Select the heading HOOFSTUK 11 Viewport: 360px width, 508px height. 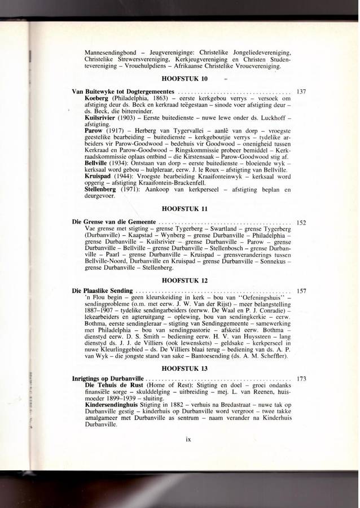pyautogui.click(x=185, y=209)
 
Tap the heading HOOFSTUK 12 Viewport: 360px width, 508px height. pyautogui.click(x=185, y=278)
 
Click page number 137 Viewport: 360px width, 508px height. pyautogui.click(x=300, y=91)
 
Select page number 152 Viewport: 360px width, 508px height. pyautogui.click(x=300, y=222)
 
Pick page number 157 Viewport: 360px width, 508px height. pyautogui.click(x=300, y=291)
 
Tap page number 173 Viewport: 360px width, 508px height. pyautogui.click(x=300, y=378)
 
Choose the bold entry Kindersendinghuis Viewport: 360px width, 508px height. pyautogui.click(x=111, y=405)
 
